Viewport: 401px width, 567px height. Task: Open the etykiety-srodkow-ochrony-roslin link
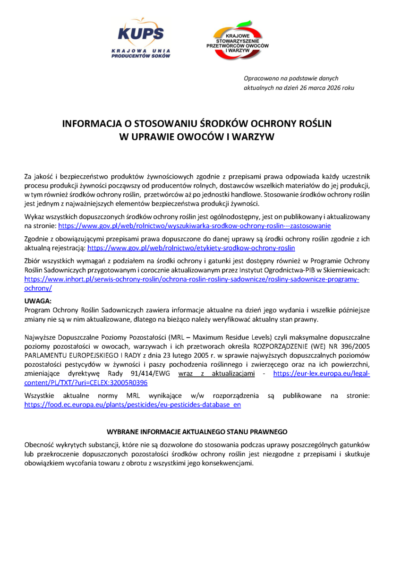point(191,247)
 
